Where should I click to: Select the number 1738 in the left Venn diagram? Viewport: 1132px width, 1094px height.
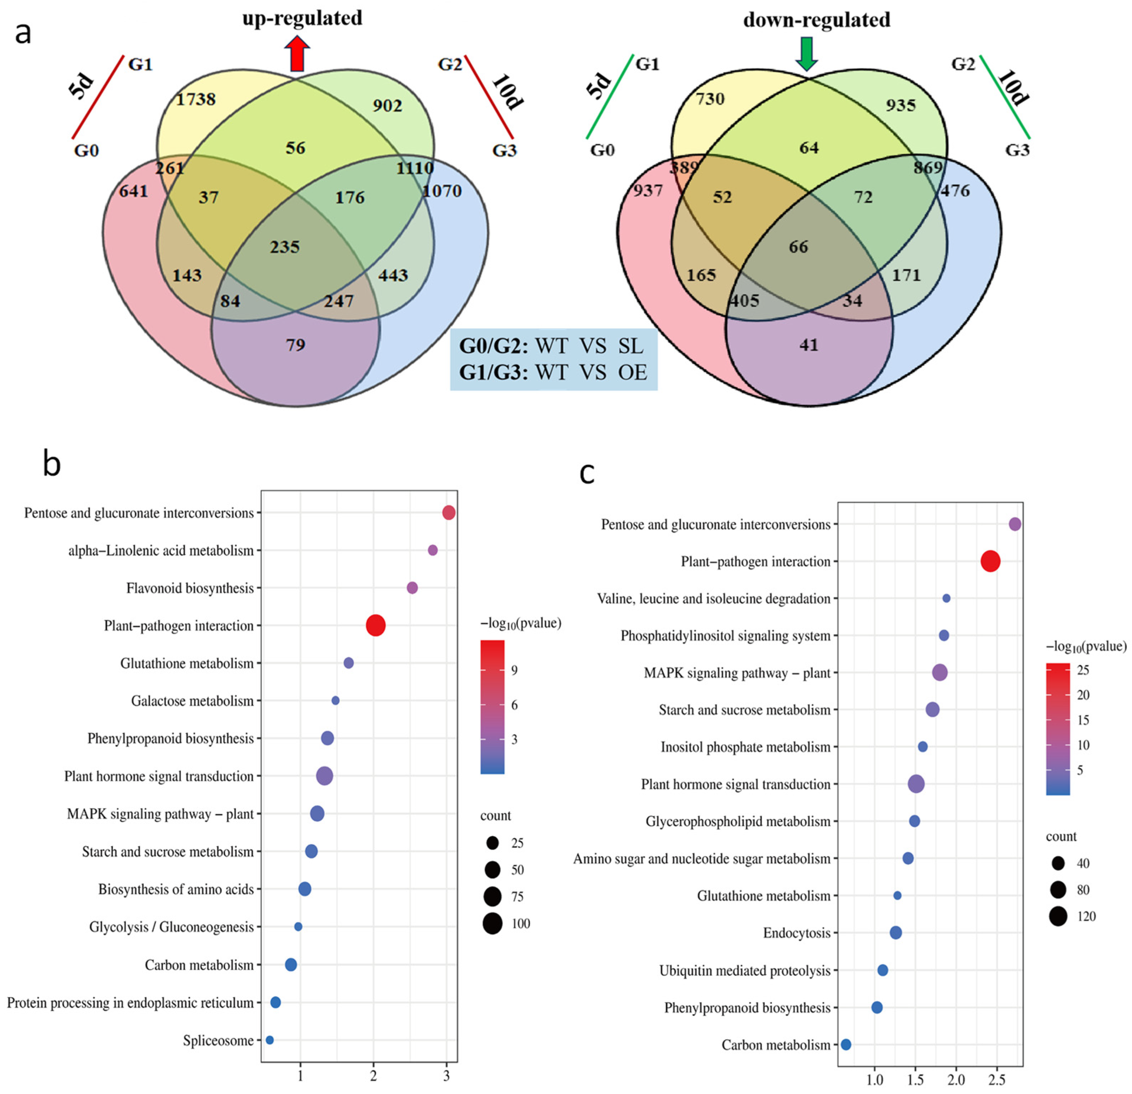tap(196, 99)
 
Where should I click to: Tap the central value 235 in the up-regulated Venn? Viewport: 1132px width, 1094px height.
tap(285, 247)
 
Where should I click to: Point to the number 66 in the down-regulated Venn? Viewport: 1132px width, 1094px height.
tap(798, 247)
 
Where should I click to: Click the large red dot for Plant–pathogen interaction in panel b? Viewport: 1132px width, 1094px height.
tap(376, 626)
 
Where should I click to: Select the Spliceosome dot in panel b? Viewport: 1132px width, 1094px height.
tap(269, 1040)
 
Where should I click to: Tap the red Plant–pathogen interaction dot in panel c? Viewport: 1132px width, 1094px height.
tap(990, 561)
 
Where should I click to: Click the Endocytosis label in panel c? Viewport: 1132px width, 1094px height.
tap(797, 933)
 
